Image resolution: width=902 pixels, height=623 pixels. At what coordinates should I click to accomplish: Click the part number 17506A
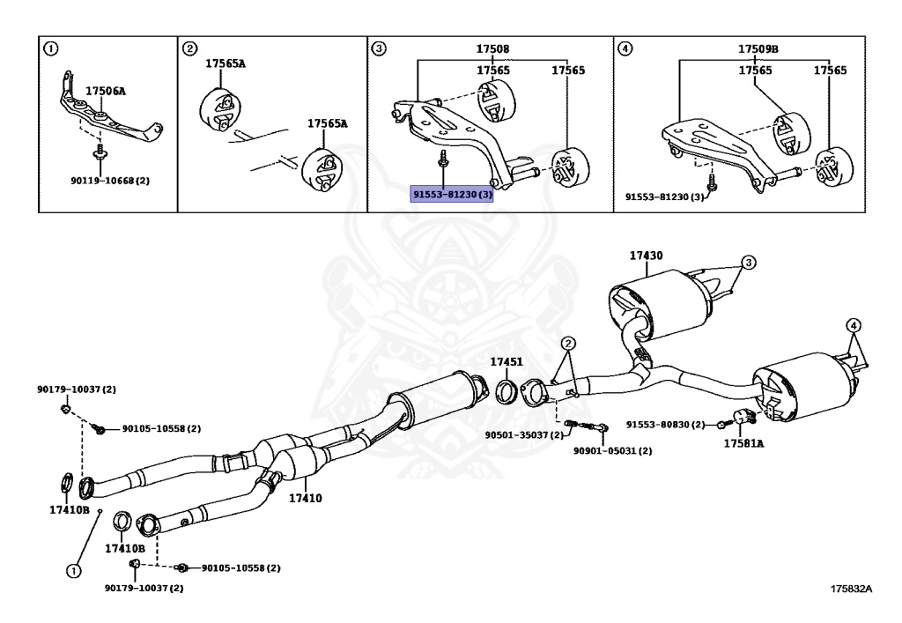[x=105, y=91]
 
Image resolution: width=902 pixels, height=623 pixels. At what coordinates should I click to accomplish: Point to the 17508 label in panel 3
[x=493, y=49]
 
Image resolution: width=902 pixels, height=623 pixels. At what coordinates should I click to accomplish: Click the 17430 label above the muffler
[x=646, y=256]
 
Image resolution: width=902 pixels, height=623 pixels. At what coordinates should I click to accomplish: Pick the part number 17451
[x=506, y=362]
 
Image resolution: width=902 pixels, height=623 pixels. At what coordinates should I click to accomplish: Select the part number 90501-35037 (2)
[x=522, y=434]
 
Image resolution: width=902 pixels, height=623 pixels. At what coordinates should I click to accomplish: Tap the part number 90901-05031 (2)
[x=612, y=451]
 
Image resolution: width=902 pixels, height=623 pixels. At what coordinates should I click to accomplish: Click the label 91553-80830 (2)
[x=665, y=425]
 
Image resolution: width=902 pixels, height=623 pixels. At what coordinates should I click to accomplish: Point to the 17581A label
[x=743, y=443]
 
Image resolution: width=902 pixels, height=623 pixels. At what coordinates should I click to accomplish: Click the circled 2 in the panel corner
[x=189, y=48]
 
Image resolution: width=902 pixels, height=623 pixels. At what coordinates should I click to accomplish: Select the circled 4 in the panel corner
[x=625, y=48]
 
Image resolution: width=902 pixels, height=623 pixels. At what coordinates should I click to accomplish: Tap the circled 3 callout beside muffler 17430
[x=747, y=263]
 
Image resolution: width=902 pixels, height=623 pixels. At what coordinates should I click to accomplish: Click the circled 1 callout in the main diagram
[x=74, y=570]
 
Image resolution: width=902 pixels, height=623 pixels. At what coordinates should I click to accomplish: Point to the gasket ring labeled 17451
[x=508, y=391]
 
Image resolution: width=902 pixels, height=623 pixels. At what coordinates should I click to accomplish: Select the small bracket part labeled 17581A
[x=742, y=418]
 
